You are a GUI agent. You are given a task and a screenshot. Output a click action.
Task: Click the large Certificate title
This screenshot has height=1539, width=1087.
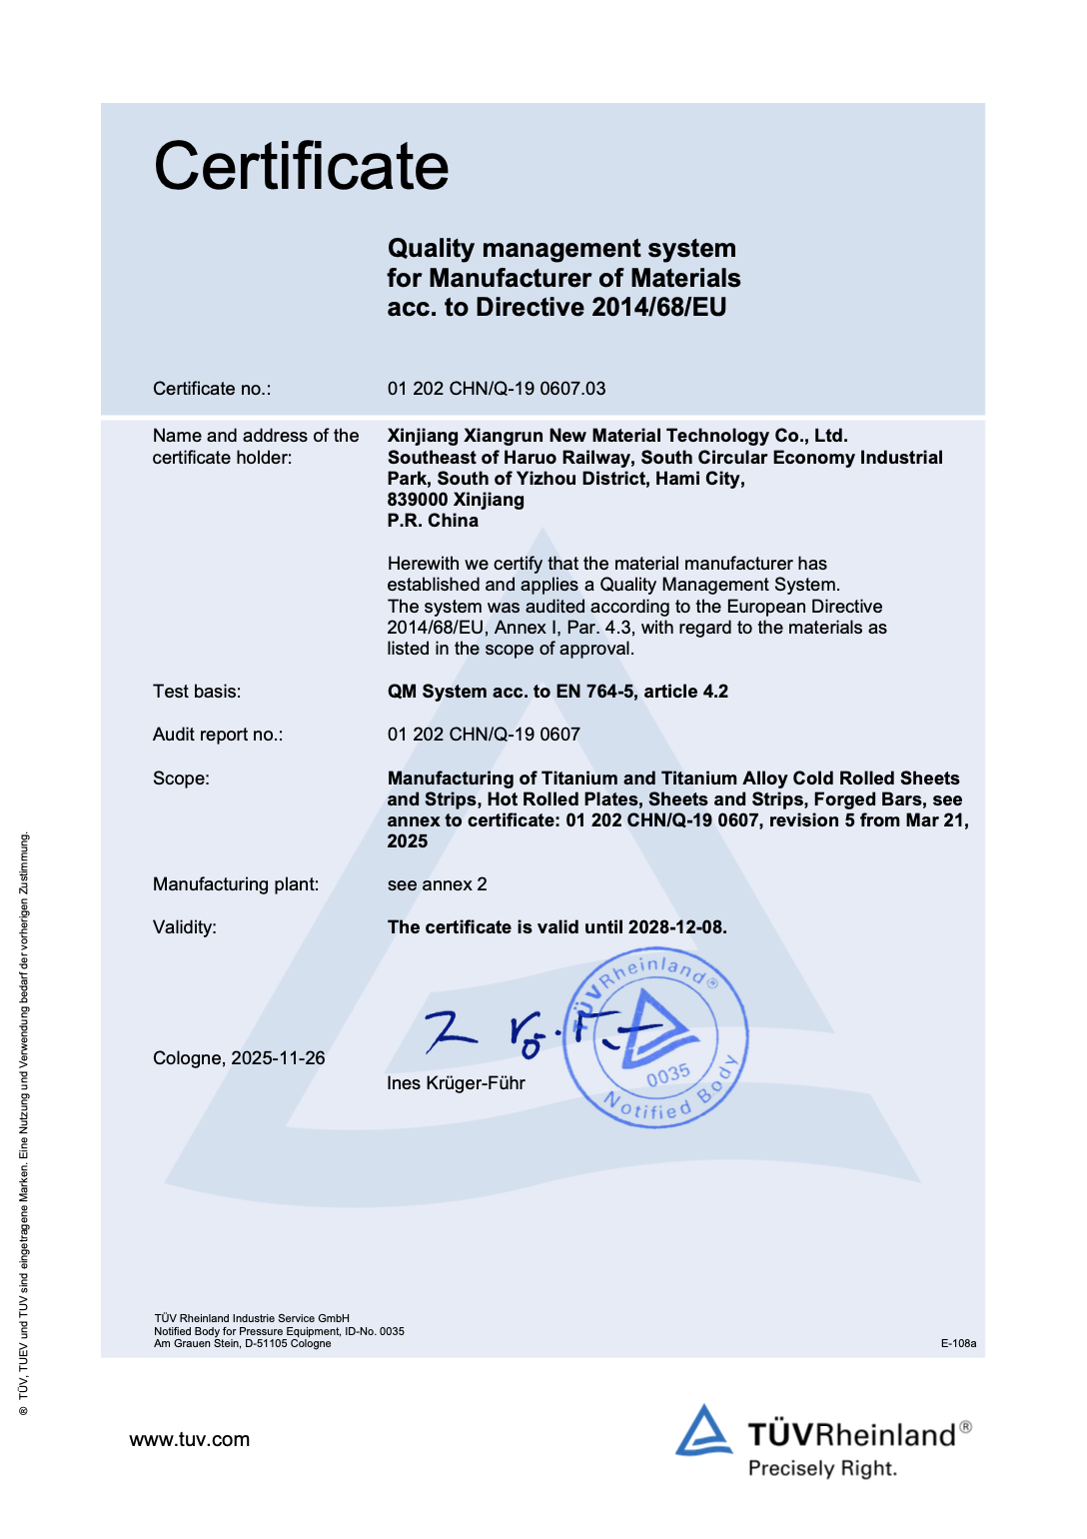tap(301, 166)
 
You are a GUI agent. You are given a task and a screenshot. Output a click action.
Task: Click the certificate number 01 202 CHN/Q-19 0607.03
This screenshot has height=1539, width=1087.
tap(496, 389)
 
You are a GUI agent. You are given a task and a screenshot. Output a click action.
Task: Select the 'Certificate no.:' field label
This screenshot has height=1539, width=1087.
tap(212, 389)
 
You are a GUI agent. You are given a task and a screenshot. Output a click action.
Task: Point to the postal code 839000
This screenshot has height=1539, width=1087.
tap(418, 500)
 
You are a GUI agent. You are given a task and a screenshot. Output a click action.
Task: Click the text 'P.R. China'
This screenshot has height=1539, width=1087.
tap(433, 521)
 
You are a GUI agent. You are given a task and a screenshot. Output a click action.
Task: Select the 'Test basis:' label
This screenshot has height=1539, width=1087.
tap(197, 692)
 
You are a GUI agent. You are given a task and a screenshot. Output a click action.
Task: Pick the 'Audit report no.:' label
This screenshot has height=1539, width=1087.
tap(218, 735)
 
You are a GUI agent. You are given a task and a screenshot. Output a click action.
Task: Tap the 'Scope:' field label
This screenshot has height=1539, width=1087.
tap(181, 778)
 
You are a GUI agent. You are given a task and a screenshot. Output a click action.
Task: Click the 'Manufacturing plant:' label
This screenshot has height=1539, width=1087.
tap(236, 884)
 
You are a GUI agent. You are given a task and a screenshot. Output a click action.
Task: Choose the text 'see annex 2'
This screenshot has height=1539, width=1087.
tap(437, 884)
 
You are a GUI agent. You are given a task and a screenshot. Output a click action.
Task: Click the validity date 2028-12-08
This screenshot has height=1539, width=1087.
tap(675, 927)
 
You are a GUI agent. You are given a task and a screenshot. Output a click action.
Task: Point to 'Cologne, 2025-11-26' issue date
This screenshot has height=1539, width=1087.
tap(239, 1058)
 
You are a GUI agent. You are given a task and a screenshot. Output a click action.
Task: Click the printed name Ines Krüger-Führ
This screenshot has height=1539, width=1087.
tap(456, 1083)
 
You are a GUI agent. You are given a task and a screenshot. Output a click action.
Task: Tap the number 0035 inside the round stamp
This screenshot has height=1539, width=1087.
tap(668, 1075)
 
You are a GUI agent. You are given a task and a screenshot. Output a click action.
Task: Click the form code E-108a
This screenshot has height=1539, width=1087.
tap(958, 1343)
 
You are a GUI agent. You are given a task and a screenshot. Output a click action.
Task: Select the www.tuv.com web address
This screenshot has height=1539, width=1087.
tap(190, 1440)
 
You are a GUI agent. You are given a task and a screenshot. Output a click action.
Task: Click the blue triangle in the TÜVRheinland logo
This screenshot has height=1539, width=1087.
tap(704, 1431)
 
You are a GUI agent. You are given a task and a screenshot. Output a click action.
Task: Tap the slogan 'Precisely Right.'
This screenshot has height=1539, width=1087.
tap(822, 1468)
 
